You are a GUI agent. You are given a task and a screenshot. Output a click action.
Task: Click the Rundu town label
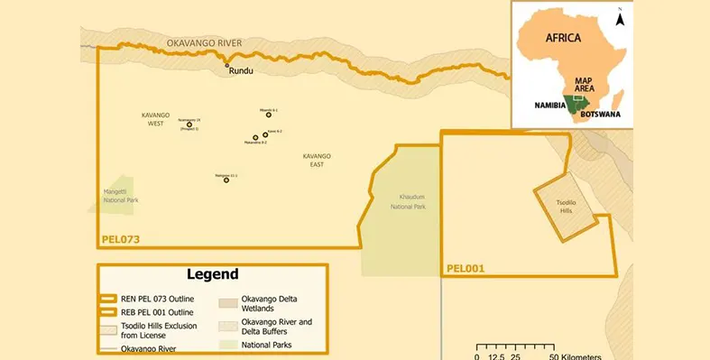(x=241, y=71)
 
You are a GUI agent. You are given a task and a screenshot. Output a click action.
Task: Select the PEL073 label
(x=120, y=240)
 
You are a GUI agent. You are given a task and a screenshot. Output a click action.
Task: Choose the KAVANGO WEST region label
(x=155, y=119)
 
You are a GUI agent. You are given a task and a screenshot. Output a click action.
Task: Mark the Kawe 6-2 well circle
(x=265, y=134)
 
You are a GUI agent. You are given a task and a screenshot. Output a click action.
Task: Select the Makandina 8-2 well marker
(x=255, y=139)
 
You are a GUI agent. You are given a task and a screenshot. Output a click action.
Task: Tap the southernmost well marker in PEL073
(x=226, y=180)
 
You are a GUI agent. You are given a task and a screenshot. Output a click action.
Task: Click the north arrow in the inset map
(x=619, y=17)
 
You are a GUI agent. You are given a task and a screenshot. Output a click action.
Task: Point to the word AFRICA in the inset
(x=565, y=38)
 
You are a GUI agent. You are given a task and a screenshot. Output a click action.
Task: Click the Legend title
(x=212, y=274)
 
